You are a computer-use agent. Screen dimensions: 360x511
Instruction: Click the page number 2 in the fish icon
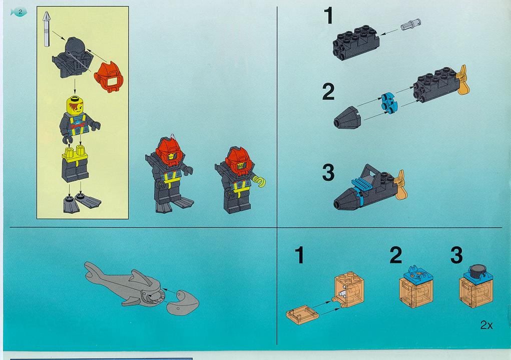click(20, 12)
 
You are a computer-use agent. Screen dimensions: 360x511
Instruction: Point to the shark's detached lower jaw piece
click(183, 302)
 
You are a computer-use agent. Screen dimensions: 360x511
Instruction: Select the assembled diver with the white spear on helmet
click(170, 173)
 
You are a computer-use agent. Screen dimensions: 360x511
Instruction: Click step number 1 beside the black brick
click(328, 16)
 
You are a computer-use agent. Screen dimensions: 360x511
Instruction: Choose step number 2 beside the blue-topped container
click(395, 256)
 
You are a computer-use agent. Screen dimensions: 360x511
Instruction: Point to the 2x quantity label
click(486, 325)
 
